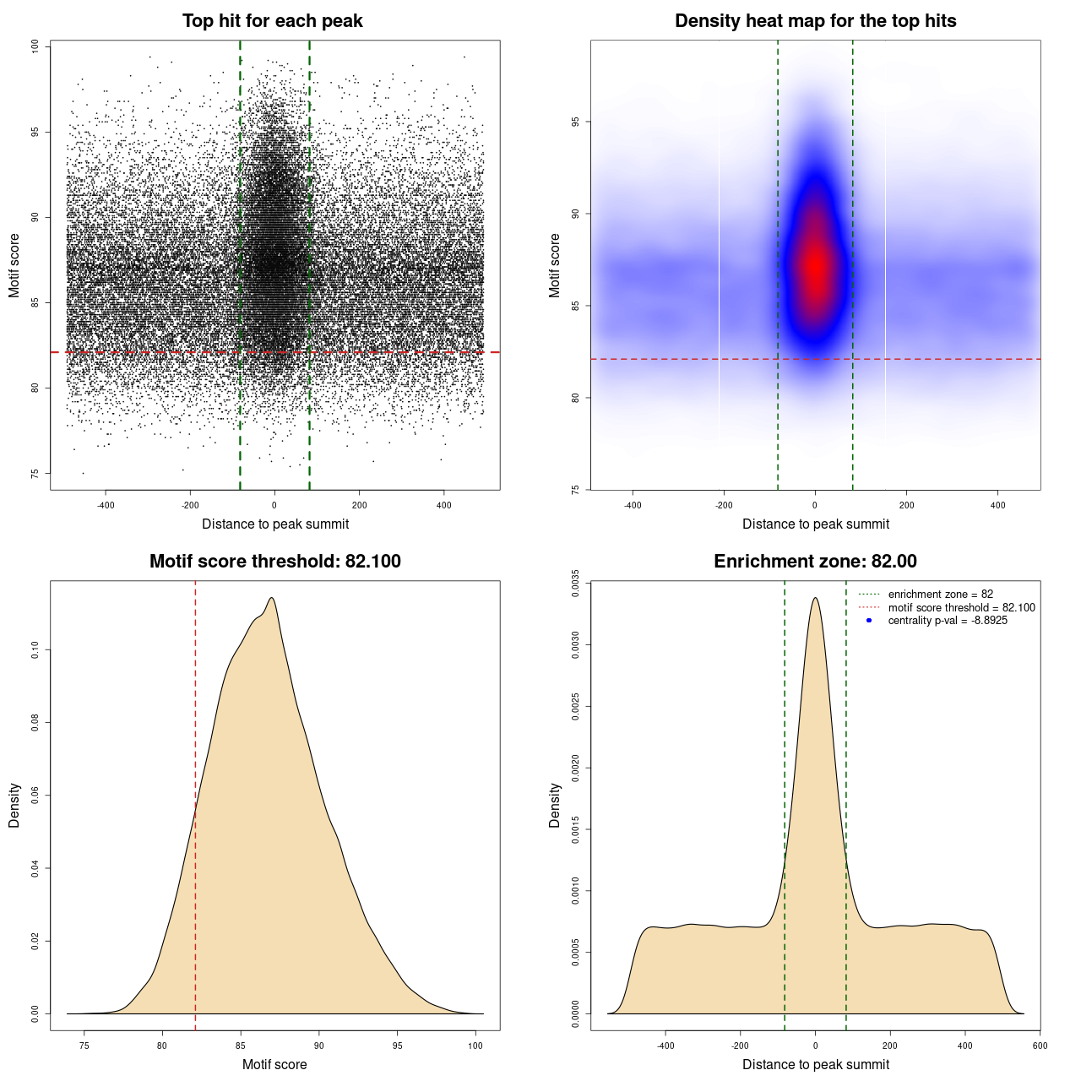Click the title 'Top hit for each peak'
click(x=272, y=21)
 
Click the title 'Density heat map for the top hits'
click(x=815, y=21)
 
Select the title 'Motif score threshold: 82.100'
click(x=274, y=562)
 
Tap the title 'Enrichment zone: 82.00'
click(x=815, y=562)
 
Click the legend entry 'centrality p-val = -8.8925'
click(x=948, y=621)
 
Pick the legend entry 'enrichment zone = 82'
click(x=940, y=595)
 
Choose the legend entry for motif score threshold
click(x=961, y=607)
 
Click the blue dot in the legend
click(x=869, y=621)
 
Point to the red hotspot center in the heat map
click(x=816, y=266)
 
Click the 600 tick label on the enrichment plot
click(x=1040, y=1046)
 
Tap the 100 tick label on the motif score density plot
click(x=475, y=1046)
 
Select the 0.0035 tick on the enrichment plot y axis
click(x=576, y=584)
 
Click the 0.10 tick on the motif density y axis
click(x=35, y=649)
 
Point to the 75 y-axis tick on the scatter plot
click(x=35, y=473)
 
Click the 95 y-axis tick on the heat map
click(x=576, y=122)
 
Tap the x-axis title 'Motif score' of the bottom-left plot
click(x=274, y=1064)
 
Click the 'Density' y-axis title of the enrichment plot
click(x=555, y=805)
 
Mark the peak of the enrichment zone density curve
click(x=815, y=598)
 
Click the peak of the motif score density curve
click(x=271, y=598)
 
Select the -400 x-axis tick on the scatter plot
click(x=106, y=505)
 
